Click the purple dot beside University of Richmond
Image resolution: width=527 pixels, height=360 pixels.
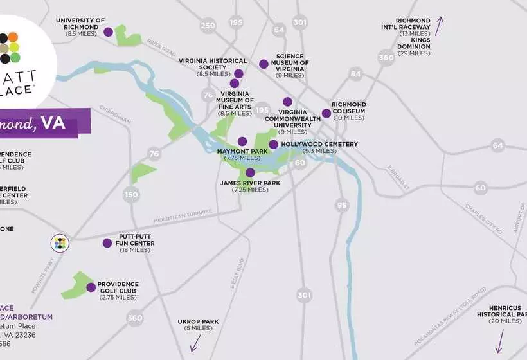pyautogui.click(x=108, y=32)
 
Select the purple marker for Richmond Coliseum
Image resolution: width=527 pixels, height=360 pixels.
pyautogui.click(x=326, y=113)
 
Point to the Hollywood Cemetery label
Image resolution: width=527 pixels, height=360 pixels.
pyautogui.click(x=319, y=144)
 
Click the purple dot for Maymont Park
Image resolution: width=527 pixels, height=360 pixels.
pyautogui.click(x=242, y=141)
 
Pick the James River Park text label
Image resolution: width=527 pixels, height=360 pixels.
pyautogui.click(x=250, y=183)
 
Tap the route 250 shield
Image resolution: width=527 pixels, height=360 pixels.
pyautogui.click(x=208, y=26)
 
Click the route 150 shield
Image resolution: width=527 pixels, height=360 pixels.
pyautogui.click(x=131, y=195)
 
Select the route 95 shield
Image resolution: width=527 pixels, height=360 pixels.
pyautogui.click(x=342, y=205)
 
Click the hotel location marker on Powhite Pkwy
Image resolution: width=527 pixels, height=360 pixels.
pyautogui.click(x=59, y=243)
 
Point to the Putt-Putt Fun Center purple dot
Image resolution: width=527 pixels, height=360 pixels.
pyautogui.click(x=107, y=243)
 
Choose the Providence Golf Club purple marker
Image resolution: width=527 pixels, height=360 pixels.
pyautogui.click(x=91, y=287)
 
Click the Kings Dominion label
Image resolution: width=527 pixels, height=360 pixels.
pyautogui.click(x=413, y=43)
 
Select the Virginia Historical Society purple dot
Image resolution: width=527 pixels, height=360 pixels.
pyautogui.click(x=238, y=73)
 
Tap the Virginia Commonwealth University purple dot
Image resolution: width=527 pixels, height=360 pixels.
pyautogui.click(x=287, y=102)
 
